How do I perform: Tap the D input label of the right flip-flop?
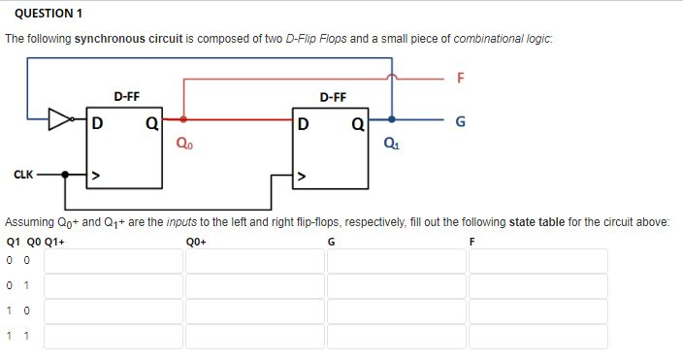(305, 124)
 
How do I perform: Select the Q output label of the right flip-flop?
(358, 124)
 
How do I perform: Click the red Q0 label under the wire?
(183, 147)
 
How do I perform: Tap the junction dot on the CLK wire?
(66, 176)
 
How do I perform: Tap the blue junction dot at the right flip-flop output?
(392, 120)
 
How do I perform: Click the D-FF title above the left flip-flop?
(126, 97)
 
